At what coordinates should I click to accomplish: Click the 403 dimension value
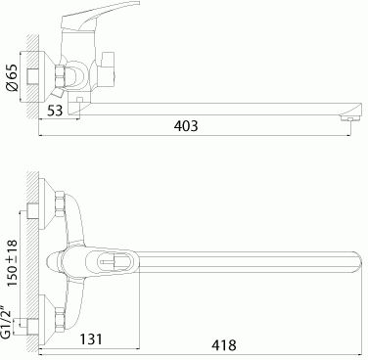186,126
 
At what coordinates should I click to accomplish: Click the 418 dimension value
224,345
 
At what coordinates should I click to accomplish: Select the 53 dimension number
55,111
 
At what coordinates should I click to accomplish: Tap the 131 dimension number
91,339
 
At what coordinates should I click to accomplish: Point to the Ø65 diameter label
13,78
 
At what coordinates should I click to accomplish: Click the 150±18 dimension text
12,263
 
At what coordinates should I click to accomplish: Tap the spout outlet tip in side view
349,117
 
